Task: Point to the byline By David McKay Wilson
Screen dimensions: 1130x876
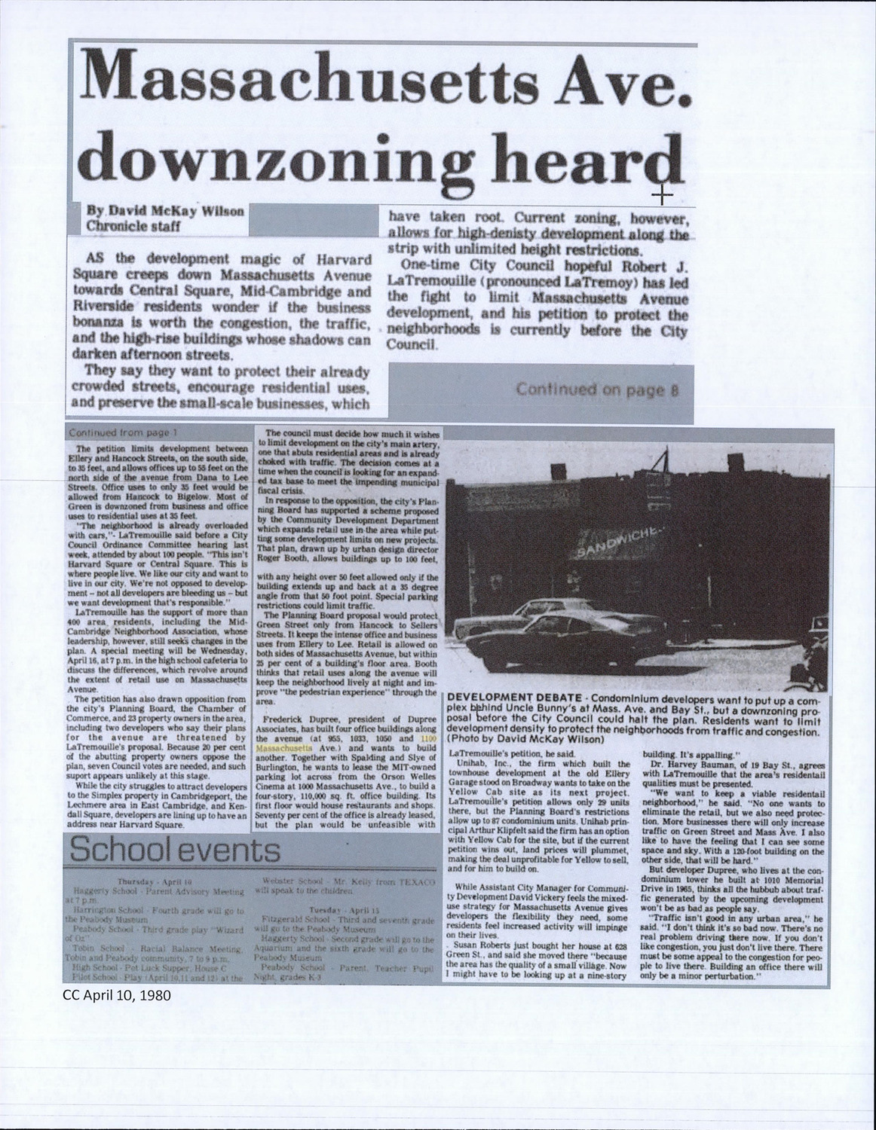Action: [x=167, y=212]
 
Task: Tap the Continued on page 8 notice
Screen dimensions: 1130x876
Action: [x=598, y=389]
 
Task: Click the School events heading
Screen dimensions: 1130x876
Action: [x=174, y=851]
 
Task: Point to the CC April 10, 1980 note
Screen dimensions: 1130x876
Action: [x=118, y=994]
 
